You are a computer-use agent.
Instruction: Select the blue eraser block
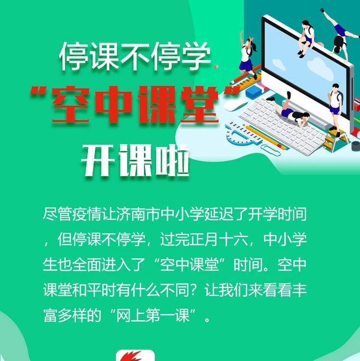[253, 92]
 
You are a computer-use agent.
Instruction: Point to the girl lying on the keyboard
[290, 110]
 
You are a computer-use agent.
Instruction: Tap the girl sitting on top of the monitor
[306, 38]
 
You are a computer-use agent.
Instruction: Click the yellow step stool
[336, 141]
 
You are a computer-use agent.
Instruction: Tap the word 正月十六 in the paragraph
[219, 239]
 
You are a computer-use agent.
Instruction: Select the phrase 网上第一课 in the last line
[153, 315]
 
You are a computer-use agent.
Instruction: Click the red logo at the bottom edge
[135, 355]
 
